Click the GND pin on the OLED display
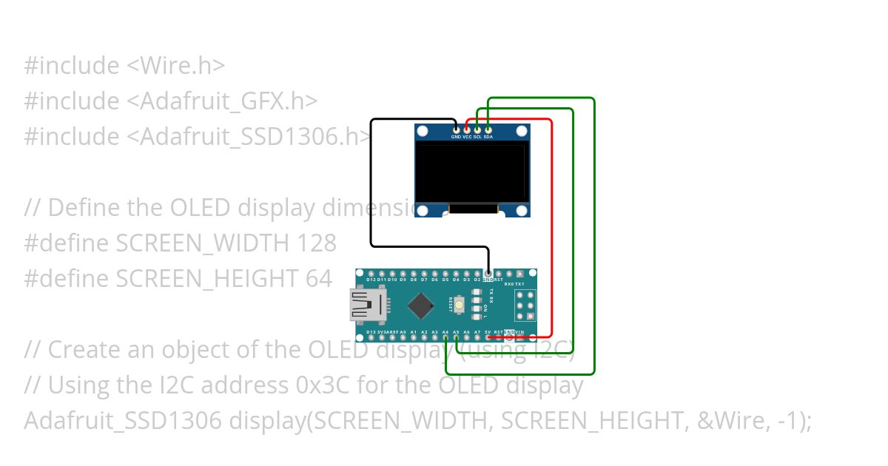[456, 130]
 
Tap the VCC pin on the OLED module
[466, 130]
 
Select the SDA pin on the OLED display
[488, 130]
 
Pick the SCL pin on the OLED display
[477, 130]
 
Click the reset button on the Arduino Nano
[460, 304]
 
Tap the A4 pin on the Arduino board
[445, 338]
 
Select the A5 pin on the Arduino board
[457, 338]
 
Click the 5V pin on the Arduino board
[488, 338]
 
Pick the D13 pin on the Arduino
[371, 338]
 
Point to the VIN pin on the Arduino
[520, 338]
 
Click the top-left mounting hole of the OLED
[422, 132]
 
